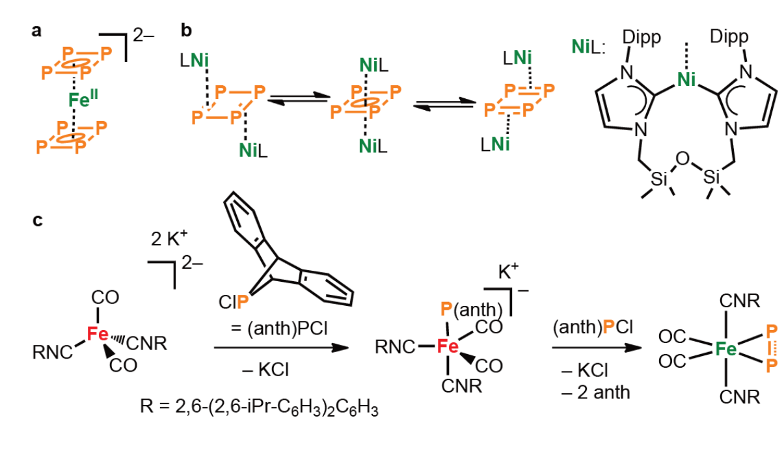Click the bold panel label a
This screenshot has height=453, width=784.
click(x=36, y=31)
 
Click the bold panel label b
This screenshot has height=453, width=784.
click(x=186, y=30)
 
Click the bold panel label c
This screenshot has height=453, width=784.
click(x=38, y=221)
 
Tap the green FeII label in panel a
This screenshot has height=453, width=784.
click(x=83, y=99)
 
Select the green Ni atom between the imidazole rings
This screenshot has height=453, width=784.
click(x=686, y=79)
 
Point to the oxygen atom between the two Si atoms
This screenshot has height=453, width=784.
click(x=683, y=159)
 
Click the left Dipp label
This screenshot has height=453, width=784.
click(x=642, y=38)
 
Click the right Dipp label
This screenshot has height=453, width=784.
click(x=729, y=36)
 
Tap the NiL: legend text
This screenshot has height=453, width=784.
click(x=588, y=47)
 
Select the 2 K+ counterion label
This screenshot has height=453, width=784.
click(x=169, y=238)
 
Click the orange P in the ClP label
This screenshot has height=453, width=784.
click(x=243, y=302)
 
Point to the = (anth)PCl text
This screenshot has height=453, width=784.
click(x=279, y=329)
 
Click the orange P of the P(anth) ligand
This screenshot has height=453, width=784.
click(x=446, y=309)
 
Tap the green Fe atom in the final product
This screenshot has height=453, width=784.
click(x=726, y=349)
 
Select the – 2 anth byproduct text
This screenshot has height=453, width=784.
click(x=596, y=392)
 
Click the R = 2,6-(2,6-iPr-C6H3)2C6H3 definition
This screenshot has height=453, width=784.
click(x=259, y=407)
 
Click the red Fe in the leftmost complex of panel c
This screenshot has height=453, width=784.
click(x=98, y=334)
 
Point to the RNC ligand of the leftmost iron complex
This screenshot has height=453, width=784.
click(x=52, y=352)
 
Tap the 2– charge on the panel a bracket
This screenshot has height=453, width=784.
click(x=144, y=35)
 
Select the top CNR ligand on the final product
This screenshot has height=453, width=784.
click(x=740, y=301)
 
